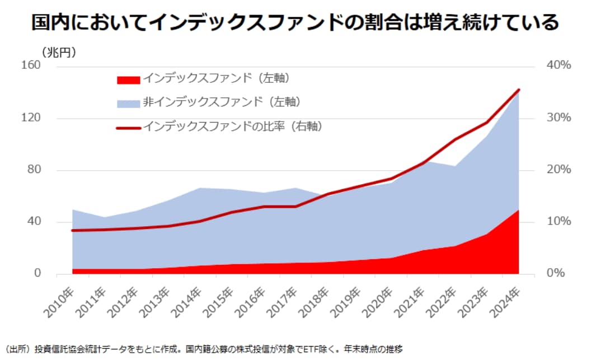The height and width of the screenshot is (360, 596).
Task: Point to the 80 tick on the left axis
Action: coord(34,170)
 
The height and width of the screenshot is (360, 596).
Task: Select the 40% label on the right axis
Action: coord(559,66)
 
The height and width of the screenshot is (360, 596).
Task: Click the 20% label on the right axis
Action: coord(559,170)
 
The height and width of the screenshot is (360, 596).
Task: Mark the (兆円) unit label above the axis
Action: coord(59,52)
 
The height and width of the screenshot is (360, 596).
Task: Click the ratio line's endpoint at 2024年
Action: coord(519,90)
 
